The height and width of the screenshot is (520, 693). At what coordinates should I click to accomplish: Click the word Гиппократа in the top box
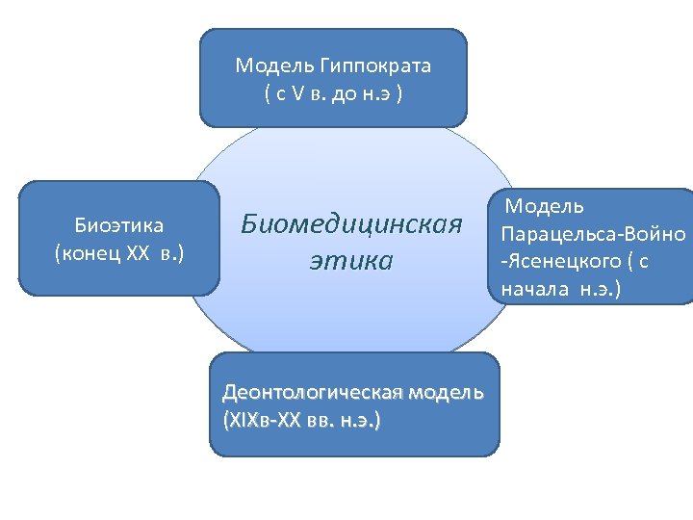pos(379,66)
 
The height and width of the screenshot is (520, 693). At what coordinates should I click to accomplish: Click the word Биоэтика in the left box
pos(119,225)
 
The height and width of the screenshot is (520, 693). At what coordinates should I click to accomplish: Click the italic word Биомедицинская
pos(351,224)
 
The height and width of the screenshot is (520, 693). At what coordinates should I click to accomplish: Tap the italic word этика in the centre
pos(351,260)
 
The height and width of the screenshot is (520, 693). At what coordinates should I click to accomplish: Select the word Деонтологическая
pos(315,393)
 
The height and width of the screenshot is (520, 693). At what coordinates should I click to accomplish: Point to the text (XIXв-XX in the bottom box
pos(262,421)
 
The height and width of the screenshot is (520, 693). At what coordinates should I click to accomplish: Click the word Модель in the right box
pos(546,206)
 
